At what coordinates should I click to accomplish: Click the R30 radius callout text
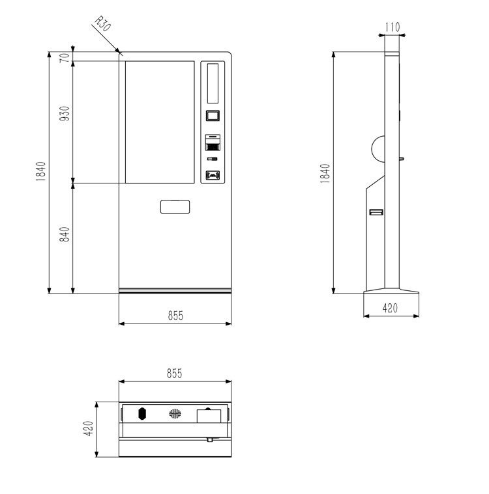click(x=103, y=23)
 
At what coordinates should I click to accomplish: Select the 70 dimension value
click(x=65, y=58)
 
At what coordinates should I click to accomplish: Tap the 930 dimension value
click(x=65, y=114)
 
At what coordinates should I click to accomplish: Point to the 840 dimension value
click(x=65, y=234)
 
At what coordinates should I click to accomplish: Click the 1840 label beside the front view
click(x=40, y=171)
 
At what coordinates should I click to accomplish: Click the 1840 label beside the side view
click(x=325, y=173)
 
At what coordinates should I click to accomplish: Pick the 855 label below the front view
click(x=175, y=316)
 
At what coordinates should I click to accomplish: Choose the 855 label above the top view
click(x=175, y=374)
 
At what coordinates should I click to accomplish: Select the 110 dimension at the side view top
click(x=393, y=27)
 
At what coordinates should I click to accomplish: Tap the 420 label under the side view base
click(x=390, y=308)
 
